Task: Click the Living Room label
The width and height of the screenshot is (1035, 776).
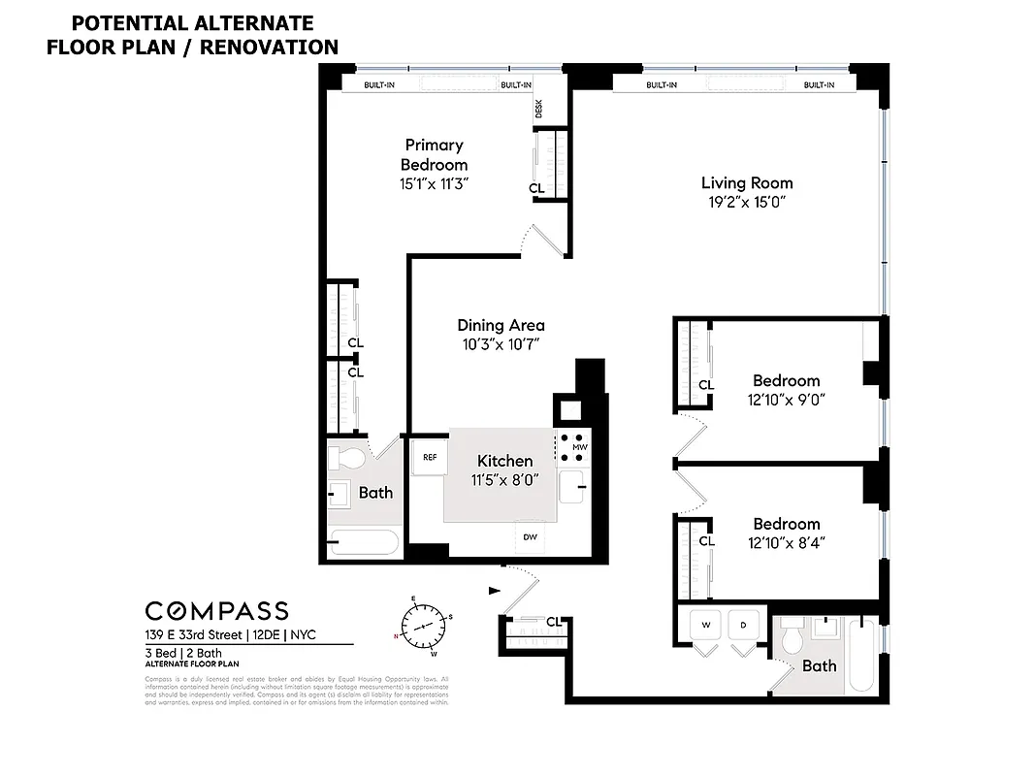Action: coord(747,182)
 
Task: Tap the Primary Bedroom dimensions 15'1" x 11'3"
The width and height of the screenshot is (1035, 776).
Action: coord(434,183)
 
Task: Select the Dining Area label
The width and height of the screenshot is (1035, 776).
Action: coord(501,325)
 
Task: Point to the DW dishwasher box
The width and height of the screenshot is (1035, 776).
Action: coord(530,536)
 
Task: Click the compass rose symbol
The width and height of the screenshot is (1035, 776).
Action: coord(422,623)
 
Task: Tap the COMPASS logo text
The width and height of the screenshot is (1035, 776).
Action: coord(216,610)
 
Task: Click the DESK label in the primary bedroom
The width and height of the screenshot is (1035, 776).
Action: coord(539,110)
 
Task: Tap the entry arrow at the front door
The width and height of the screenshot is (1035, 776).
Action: coord(496,589)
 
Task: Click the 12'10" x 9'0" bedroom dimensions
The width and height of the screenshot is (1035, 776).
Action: coord(786,399)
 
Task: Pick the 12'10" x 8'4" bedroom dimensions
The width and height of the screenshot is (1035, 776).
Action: coord(786,542)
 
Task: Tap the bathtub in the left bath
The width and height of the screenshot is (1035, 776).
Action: coord(363,541)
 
